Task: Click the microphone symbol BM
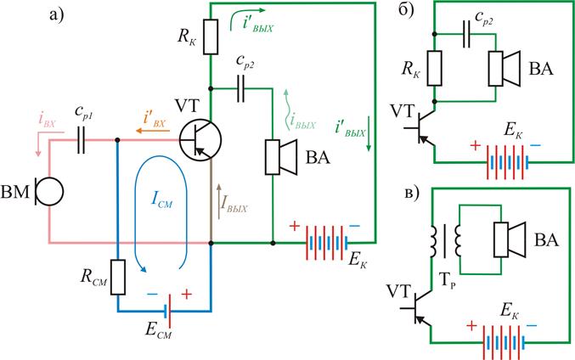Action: click(50, 191)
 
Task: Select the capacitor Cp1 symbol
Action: click(81, 140)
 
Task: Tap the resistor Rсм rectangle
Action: click(118, 277)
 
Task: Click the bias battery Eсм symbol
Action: click(168, 312)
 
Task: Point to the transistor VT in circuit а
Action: click(200, 140)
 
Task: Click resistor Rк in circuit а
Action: click(211, 37)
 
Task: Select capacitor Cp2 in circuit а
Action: click(240, 88)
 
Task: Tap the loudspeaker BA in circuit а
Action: click(281, 157)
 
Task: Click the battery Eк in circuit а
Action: click(327, 243)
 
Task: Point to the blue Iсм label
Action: click(161, 200)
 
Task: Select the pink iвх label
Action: click(47, 120)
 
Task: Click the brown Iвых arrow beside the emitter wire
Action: click(219, 201)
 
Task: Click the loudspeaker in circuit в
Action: click(510, 239)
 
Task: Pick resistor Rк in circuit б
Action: click(434, 69)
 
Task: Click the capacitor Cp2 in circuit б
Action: click(466, 34)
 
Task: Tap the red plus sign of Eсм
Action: click(187, 294)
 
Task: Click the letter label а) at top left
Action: click(56, 15)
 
